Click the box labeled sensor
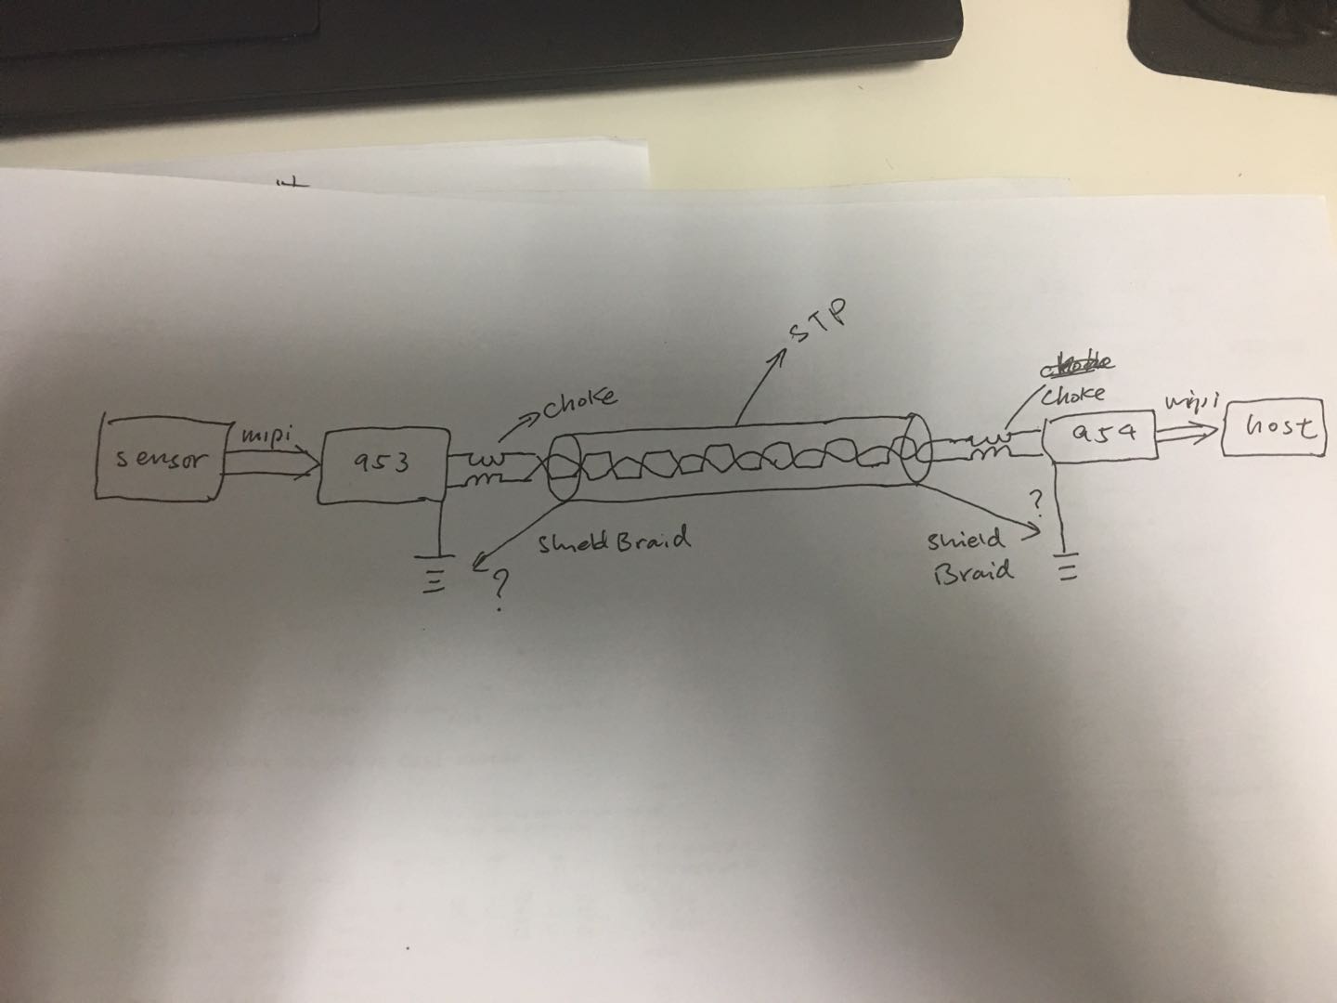coord(159,458)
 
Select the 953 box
coord(380,462)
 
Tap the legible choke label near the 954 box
coord(1075,394)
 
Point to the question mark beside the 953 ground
coord(502,588)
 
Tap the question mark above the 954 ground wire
coord(1039,502)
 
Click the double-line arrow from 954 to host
coord(1188,430)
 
